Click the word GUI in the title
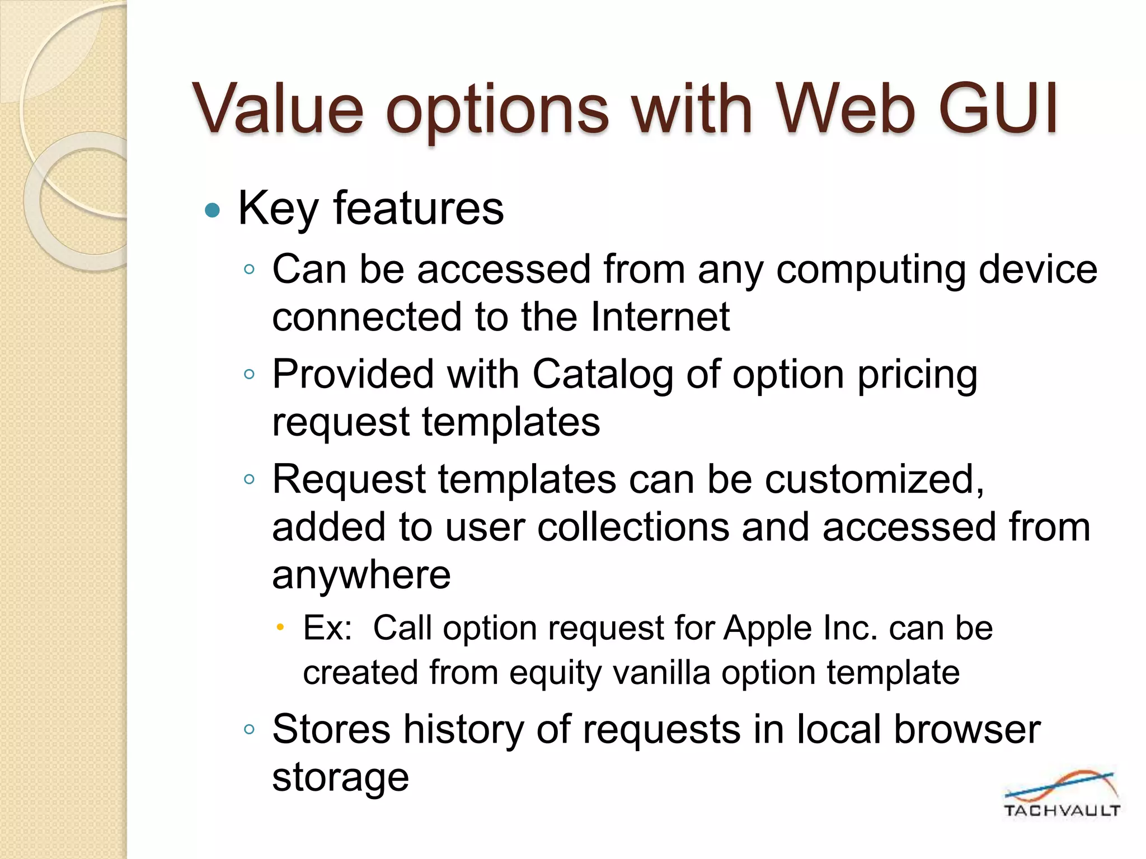click(x=998, y=108)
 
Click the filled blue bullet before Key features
click(x=213, y=211)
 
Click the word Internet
click(x=660, y=317)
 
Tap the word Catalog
click(x=602, y=374)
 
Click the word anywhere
click(x=361, y=575)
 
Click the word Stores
click(x=331, y=729)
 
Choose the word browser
click(x=966, y=729)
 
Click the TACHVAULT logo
click(x=1061, y=794)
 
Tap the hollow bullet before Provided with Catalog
click(x=250, y=374)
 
